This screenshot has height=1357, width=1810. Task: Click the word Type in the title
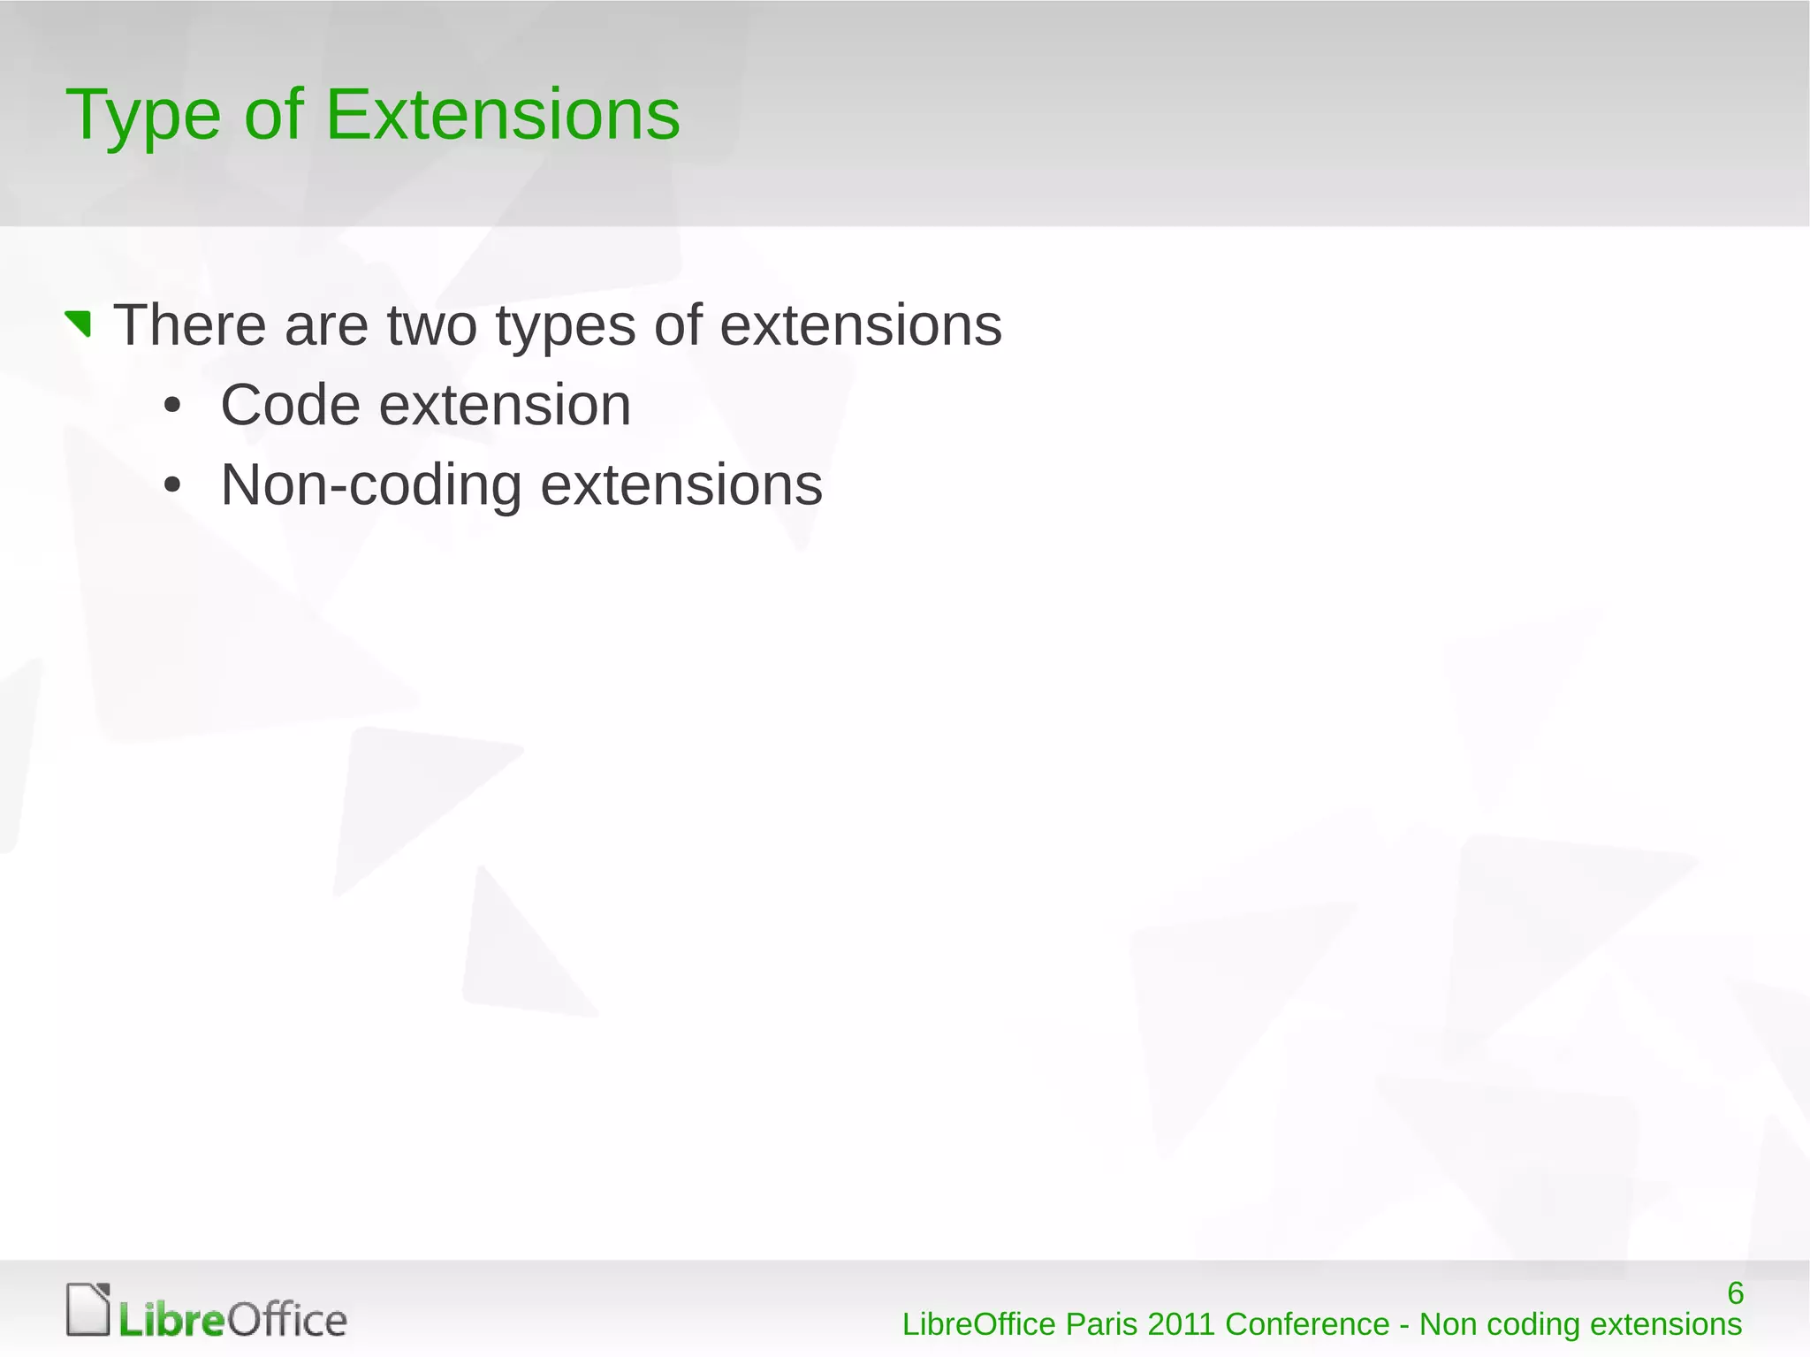tap(142, 117)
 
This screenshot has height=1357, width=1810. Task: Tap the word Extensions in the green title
tap(503, 115)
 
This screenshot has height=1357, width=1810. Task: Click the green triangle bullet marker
tap(79, 324)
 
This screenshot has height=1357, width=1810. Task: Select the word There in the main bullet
tap(190, 325)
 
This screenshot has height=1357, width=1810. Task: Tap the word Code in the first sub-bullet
tap(290, 406)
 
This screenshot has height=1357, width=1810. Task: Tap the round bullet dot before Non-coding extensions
tap(172, 486)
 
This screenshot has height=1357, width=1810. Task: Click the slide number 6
tap(1735, 1293)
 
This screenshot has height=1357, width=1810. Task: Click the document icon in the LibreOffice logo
tap(88, 1309)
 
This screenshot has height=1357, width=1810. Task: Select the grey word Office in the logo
tap(287, 1321)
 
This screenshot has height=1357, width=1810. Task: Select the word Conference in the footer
tap(1307, 1325)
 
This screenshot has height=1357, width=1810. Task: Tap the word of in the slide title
tap(273, 115)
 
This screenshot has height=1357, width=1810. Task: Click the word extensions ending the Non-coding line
tap(681, 486)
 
